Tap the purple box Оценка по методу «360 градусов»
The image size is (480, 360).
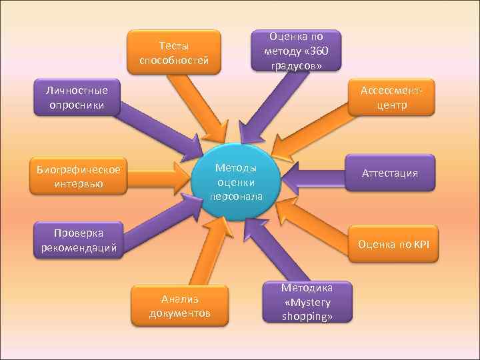pyautogui.click(x=296, y=50)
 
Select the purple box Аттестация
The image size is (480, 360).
pyautogui.click(x=389, y=173)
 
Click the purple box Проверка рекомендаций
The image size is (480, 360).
pyautogui.click(x=78, y=241)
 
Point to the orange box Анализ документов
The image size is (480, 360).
pyautogui.click(x=180, y=305)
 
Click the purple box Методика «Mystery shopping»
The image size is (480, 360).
pyautogui.click(x=307, y=302)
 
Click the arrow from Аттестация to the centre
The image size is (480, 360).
pyautogui.click(x=313, y=175)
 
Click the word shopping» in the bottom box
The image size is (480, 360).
pyautogui.click(x=307, y=317)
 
